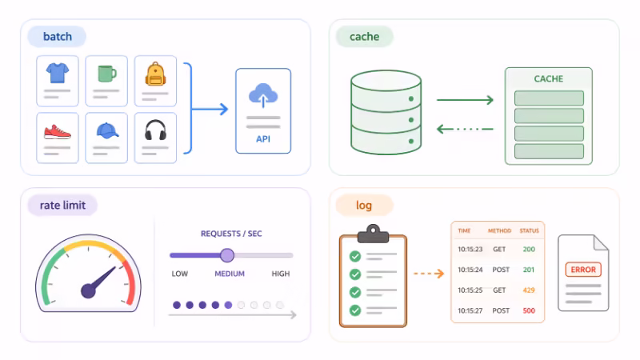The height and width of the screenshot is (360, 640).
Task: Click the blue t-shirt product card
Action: coord(58,81)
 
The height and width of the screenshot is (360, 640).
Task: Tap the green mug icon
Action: coord(106,74)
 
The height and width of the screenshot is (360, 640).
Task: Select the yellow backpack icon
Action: coord(155,74)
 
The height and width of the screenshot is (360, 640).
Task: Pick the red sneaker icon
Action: coord(58,130)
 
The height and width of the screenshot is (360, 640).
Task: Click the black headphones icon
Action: coord(155,130)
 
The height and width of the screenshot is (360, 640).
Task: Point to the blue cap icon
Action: coord(106,130)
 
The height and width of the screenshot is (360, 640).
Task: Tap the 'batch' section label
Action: coord(57,37)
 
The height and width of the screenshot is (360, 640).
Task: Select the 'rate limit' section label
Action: coord(62,206)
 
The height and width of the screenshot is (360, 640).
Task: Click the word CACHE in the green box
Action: coord(548,79)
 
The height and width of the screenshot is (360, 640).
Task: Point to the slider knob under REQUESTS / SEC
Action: coord(227,255)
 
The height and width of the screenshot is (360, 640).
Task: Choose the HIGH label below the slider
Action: coord(281,274)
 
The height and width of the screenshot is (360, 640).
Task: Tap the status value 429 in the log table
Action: coord(529,290)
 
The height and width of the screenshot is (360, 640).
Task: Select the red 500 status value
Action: coord(529,310)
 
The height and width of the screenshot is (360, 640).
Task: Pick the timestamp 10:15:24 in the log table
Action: coord(470,270)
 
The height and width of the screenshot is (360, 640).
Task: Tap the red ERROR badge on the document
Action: coord(583,270)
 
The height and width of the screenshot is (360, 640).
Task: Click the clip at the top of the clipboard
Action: coord(373,233)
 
